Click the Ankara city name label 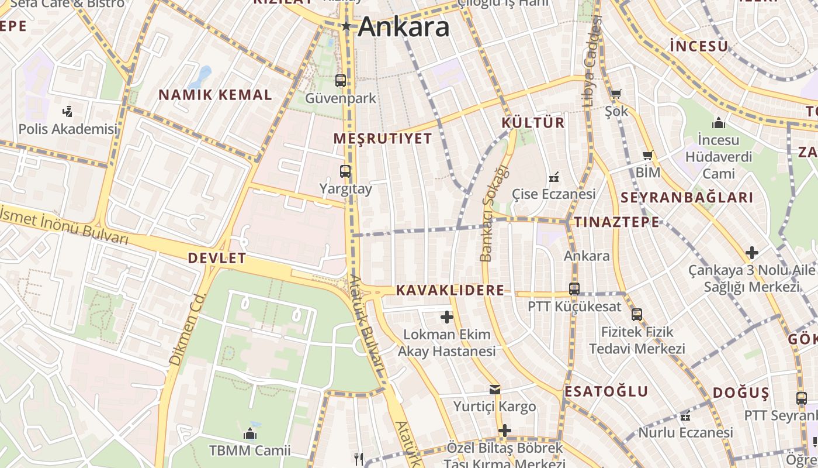click(x=404, y=27)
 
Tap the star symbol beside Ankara click(x=346, y=26)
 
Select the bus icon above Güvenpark click(x=341, y=81)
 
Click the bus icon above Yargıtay click(x=345, y=171)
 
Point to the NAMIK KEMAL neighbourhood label click(x=216, y=95)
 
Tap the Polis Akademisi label click(x=68, y=129)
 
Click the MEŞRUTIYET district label click(x=383, y=139)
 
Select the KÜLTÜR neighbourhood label click(x=533, y=123)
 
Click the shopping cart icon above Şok click(x=616, y=94)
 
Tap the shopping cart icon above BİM click(x=647, y=155)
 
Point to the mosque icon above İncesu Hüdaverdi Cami click(x=719, y=123)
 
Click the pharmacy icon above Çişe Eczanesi click(x=554, y=177)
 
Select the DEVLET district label click(x=217, y=258)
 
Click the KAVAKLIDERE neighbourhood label click(x=450, y=290)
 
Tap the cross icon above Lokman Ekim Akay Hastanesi click(x=447, y=317)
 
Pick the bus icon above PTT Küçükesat click(x=574, y=288)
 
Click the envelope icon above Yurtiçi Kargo click(x=495, y=390)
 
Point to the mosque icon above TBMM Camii click(x=250, y=433)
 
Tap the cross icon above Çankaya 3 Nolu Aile click(x=752, y=253)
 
